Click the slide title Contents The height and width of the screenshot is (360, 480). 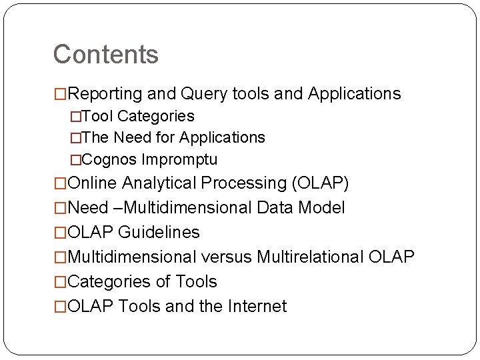coord(105,55)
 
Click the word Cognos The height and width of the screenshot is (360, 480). coord(108,160)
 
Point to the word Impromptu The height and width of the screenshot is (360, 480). coord(178,160)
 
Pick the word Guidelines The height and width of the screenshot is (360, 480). coord(159,233)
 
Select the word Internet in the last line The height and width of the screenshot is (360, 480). coord(257,307)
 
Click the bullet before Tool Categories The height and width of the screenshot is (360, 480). coord(75,117)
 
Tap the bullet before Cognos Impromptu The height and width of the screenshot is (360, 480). coord(75,160)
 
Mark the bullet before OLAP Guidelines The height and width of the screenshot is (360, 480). coord(61,233)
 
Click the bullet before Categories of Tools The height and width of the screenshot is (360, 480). coord(61,282)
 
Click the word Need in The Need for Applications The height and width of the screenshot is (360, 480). coord(128,138)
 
